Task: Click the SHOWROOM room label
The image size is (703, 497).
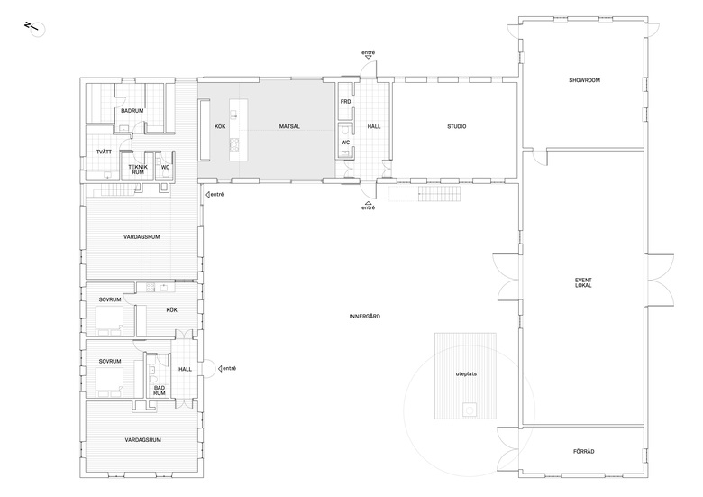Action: (584, 80)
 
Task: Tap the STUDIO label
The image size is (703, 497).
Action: (456, 126)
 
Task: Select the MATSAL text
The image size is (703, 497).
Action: (289, 126)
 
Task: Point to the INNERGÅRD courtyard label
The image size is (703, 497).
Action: (364, 317)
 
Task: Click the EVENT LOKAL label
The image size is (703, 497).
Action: (583, 282)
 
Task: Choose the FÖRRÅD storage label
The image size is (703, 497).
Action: (584, 451)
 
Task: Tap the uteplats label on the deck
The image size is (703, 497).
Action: (466, 373)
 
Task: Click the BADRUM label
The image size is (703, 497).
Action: (132, 110)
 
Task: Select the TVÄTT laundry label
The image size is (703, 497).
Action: (104, 152)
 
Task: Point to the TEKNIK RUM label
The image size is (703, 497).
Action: (138, 170)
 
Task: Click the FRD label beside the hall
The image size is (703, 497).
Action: (345, 102)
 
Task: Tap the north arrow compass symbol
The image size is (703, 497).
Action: (35, 28)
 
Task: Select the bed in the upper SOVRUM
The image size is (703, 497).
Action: (109, 321)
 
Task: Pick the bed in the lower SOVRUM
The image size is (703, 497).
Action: (109, 383)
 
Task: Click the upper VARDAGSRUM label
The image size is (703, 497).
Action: (142, 237)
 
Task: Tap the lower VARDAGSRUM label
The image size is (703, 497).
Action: (143, 440)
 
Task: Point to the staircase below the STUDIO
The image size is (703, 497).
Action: (440, 195)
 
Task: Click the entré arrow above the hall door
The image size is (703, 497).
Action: (368, 58)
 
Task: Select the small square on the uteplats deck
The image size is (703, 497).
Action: (470, 410)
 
